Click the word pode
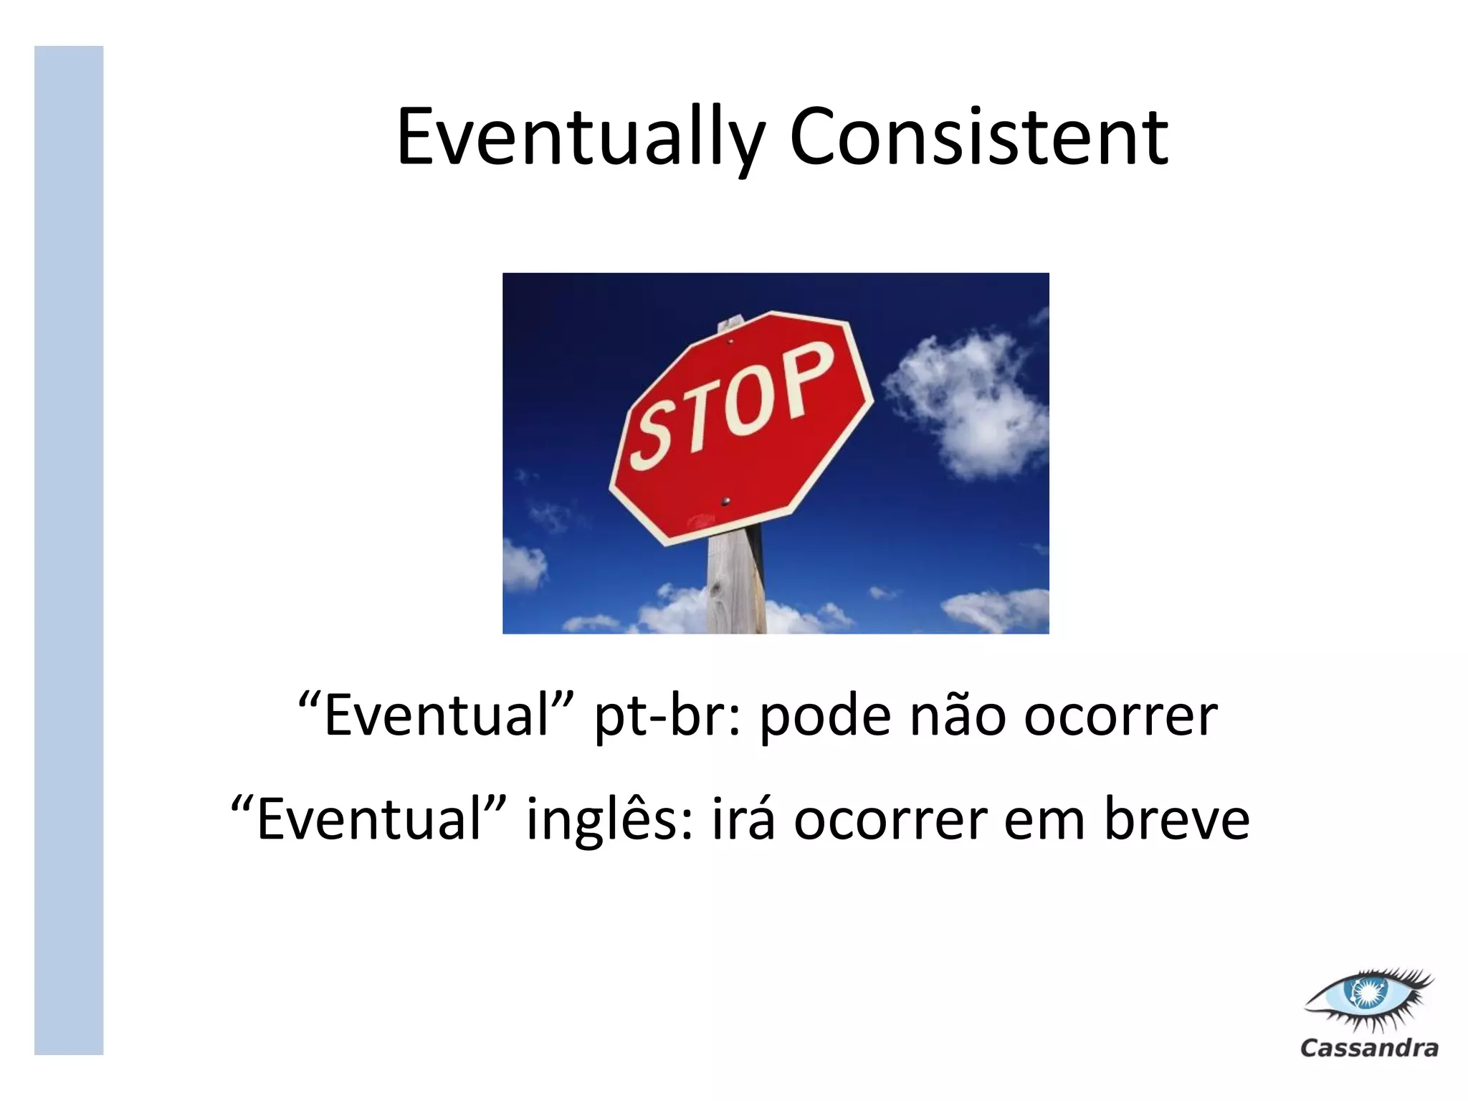tap(825, 716)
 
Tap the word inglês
tap(609, 819)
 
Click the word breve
tap(1176, 819)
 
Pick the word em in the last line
tap(1044, 819)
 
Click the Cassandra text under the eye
tap(1369, 1048)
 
